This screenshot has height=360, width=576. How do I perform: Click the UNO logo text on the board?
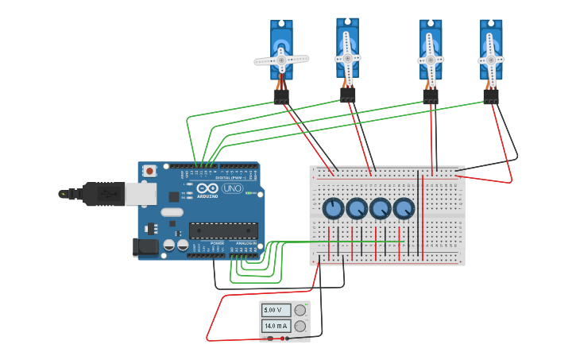click(233, 189)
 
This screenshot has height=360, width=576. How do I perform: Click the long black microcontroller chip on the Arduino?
click(222, 230)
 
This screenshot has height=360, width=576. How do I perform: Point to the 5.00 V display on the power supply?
click(276, 310)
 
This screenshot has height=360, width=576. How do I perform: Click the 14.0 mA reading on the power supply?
click(276, 326)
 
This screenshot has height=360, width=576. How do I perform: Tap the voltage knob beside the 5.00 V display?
click(300, 310)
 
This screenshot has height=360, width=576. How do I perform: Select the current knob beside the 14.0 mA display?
click(300, 326)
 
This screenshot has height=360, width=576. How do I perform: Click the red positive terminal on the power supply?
click(270, 339)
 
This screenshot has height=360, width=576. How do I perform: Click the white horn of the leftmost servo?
click(281, 59)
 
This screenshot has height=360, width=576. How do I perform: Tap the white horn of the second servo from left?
click(347, 57)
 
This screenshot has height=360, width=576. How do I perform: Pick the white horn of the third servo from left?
click(431, 60)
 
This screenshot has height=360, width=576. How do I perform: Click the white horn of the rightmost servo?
click(491, 60)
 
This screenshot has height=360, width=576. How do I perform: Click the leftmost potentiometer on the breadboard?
click(333, 209)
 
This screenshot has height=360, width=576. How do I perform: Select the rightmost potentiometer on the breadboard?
click(404, 209)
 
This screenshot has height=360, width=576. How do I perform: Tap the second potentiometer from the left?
click(357, 209)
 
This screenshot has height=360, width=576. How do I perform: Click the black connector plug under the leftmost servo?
click(281, 97)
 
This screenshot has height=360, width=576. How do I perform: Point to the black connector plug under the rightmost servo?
click(491, 97)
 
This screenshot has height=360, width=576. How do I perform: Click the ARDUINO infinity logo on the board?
click(207, 191)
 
